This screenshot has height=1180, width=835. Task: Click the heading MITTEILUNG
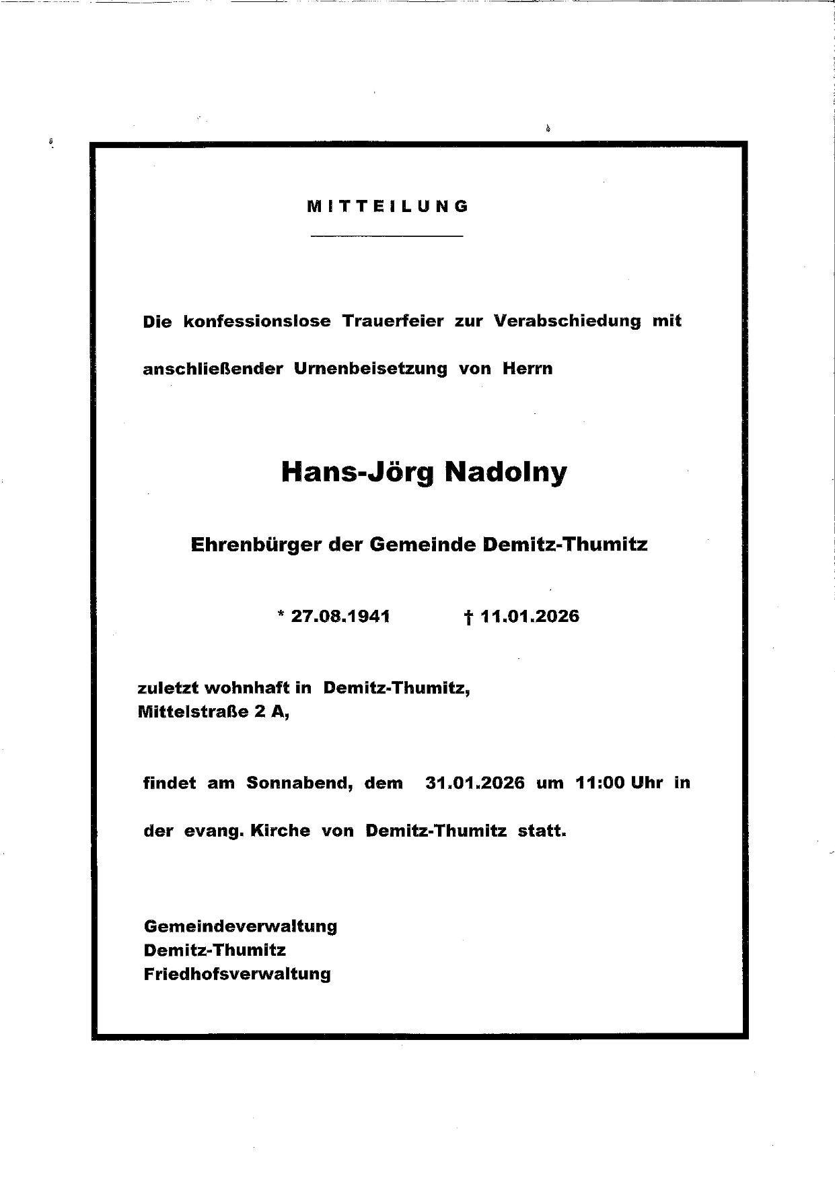click(388, 207)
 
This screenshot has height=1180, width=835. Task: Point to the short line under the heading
click(388, 236)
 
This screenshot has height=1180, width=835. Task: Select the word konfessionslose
click(257, 321)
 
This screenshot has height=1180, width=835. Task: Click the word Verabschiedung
click(567, 321)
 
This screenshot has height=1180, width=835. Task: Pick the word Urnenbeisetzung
click(371, 369)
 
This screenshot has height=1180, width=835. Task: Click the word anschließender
click(213, 369)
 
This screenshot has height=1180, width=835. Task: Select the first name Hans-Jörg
click(358, 473)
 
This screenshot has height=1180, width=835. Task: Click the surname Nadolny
click(505, 473)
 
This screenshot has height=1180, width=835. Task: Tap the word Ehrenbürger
click(256, 544)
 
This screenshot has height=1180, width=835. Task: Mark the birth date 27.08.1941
click(340, 617)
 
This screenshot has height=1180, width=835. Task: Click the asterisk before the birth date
click(280, 615)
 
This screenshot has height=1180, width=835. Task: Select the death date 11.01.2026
click(530, 617)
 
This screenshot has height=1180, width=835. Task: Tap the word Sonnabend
click(299, 784)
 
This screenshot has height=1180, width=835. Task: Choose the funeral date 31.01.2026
click(475, 784)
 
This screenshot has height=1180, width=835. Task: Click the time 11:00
click(600, 784)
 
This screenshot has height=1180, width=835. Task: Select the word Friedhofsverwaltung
click(238, 974)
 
